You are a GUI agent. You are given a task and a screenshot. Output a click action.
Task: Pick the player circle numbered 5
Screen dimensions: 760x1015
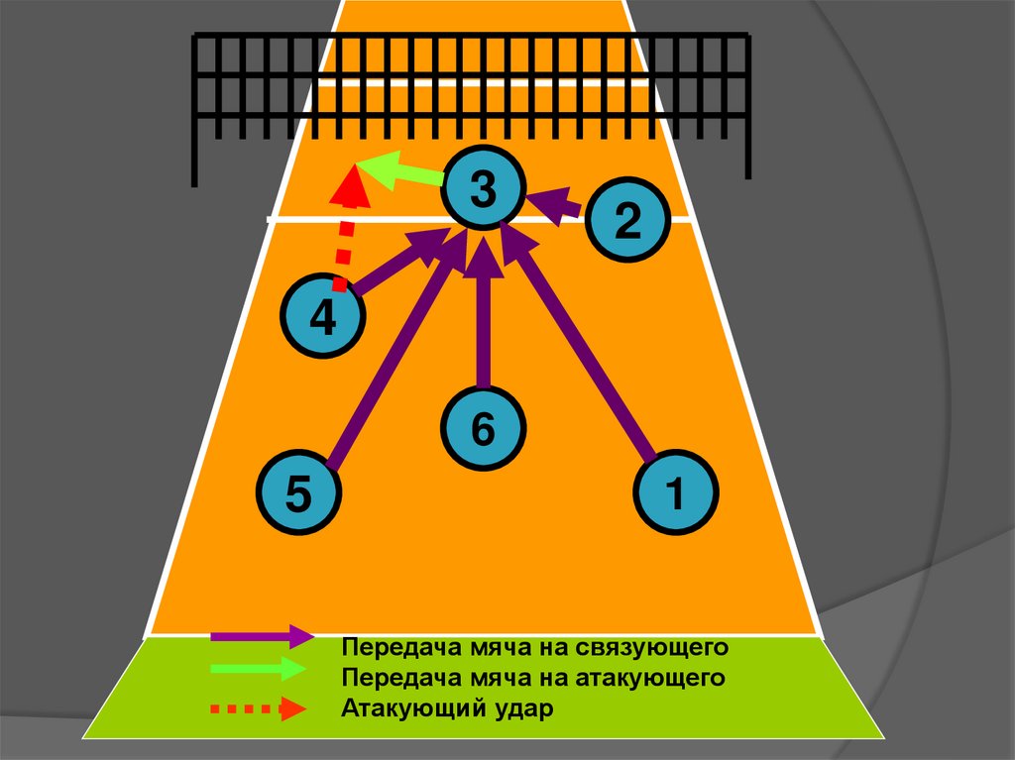[298, 492]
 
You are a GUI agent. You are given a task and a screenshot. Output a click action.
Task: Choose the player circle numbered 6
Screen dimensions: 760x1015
[483, 429]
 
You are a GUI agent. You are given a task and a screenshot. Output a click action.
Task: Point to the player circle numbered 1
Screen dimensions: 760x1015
[675, 491]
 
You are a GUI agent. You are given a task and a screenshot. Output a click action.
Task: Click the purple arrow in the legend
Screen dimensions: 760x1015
[262, 635]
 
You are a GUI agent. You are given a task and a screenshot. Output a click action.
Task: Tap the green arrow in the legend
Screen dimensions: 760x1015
[262, 669]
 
